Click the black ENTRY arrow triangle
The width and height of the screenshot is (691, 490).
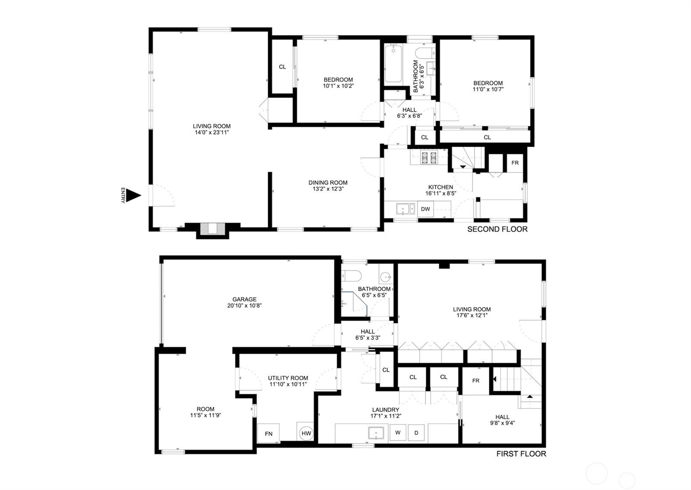pyautogui.click(x=136, y=196)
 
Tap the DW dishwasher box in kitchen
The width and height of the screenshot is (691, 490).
pyautogui.click(x=425, y=209)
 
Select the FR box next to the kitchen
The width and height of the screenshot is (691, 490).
pyautogui.click(x=515, y=163)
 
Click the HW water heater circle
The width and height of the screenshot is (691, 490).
pyautogui.click(x=306, y=433)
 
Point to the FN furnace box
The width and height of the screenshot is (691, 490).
pyautogui.click(x=269, y=433)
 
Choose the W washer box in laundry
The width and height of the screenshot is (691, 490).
pyautogui.click(x=398, y=433)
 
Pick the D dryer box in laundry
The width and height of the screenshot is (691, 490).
pyautogui.click(x=416, y=433)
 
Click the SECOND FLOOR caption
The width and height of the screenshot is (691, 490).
pyautogui.click(x=497, y=229)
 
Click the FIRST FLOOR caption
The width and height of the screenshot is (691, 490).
pyautogui.click(x=521, y=454)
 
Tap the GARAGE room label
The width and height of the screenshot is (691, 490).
pyautogui.click(x=244, y=299)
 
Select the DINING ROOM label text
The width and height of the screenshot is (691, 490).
pyautogui.click(x=328, y=182)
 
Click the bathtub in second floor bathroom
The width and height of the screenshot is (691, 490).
pyautogui.click(x=393, y=63)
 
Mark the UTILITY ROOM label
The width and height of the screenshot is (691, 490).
pyautogui.click(x=288, y=378)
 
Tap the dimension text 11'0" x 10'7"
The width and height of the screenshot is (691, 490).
pyautogui.click(x=488, y=89)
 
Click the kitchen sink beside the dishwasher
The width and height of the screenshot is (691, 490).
pyautogui.click(x=406, y=209)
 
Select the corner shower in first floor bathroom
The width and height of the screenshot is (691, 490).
pyautogui.click(x=353, y=303)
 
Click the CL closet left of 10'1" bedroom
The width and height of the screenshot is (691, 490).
pyautogui.click(x=282, y=67)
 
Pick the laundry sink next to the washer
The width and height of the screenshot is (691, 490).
pyautogui.click(x=376, y=433)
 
